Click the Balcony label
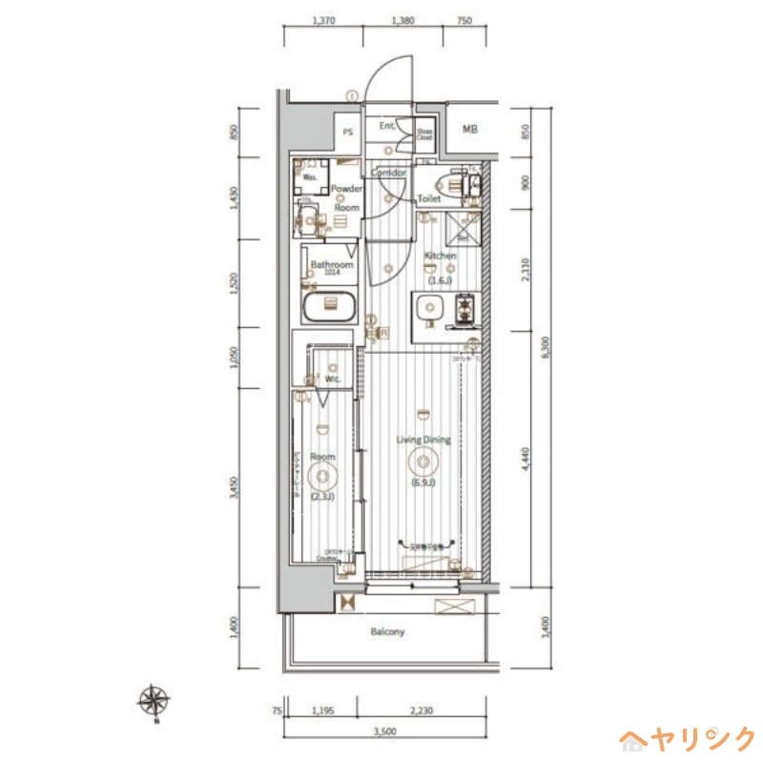[x=387, y=631]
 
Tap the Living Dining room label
[x=423, y=440]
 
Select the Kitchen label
[x=441, y=256]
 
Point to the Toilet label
[x=429, y=199]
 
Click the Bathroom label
[x=331, y=264]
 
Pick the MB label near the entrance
[x=470, y=130]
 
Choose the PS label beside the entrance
[x=348, y=133]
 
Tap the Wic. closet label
[x=334, y=379]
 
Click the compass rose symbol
[x=154, y=701]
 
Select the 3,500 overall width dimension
[x=384, y=732]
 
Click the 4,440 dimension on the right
[x=524, y=459]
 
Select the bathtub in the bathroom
[x=328, y=307]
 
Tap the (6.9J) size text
[x=423, y=483]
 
